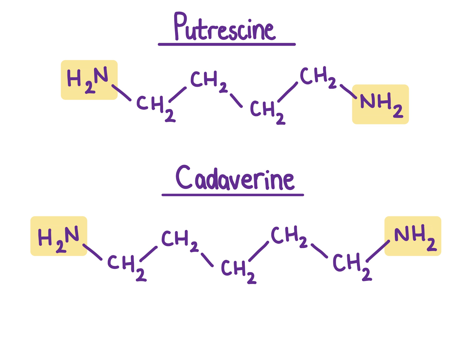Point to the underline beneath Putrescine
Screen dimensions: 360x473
coord(227,45)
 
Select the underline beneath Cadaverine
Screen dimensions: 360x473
coord(233,195)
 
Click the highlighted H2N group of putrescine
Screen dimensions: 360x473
coord(89,80)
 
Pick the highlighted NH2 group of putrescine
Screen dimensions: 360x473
coord(380,104)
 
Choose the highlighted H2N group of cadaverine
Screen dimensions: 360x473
coord(59,236)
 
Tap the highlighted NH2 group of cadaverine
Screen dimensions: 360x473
coord(413,236)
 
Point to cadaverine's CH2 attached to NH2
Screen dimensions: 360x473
coord(351,265)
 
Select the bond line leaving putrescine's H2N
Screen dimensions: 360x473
coord(121,93)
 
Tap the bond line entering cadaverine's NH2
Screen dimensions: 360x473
coord(378,251)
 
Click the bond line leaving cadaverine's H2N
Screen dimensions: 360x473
coord(92,252)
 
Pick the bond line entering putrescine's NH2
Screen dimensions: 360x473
coord(348,91)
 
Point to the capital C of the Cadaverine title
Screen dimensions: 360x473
coord(184,177)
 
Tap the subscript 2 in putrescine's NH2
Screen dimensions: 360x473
coord(398,111)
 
